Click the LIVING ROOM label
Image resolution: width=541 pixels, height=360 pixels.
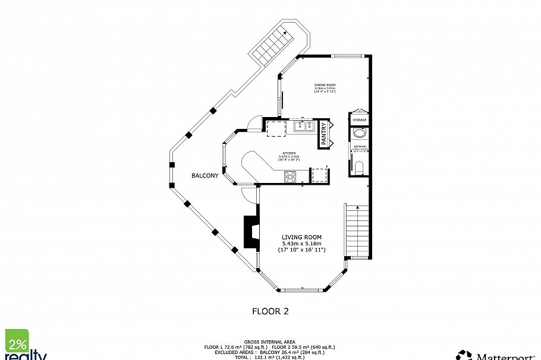(301, 237)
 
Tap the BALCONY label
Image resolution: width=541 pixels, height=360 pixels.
(205, 176)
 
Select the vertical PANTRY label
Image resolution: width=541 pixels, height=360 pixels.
(324, 133)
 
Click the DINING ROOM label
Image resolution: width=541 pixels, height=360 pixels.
(325, 85)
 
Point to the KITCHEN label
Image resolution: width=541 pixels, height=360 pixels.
(289, 152)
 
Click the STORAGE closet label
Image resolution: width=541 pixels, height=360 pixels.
(360, 121)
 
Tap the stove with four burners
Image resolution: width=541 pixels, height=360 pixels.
(291, 176)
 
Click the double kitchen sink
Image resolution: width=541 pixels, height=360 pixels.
(305, 125)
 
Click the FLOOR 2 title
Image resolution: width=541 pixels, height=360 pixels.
(270, 311)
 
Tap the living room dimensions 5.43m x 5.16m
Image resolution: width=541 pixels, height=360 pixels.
(301, 244)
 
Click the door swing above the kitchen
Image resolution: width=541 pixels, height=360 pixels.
(254, 122)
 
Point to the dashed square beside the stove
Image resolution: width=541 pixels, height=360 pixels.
(320, 175)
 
